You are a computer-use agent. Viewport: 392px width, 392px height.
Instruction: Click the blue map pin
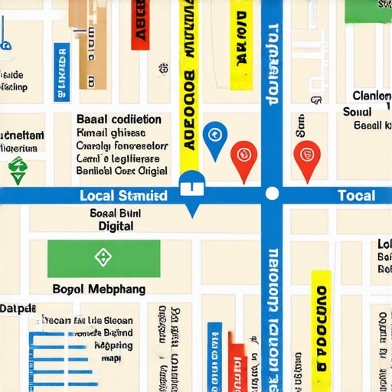coord(215,136)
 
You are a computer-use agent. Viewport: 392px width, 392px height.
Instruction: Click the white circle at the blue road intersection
coord(272,194)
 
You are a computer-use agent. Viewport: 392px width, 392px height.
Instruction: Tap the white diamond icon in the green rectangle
coord(103,257)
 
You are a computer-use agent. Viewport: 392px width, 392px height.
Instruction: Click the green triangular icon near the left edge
coord(17,168)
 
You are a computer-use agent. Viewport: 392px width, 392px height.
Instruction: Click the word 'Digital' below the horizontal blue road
coord(116,227)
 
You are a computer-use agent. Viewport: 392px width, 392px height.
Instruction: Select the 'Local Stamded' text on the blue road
coord(123,196)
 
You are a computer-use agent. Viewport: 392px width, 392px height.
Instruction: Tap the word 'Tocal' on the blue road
coord(356,196)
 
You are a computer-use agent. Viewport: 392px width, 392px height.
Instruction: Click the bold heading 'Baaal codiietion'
coord(119,119)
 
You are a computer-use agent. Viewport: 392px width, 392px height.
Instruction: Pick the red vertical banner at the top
coord(139,24)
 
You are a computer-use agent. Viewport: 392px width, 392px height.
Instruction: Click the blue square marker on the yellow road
coord(191,184)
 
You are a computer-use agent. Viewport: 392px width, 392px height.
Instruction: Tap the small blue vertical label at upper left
coord(60,71)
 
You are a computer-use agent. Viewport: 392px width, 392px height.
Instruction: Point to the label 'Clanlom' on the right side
coord(372,96)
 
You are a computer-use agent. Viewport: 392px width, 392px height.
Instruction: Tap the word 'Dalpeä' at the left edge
coord(18,309)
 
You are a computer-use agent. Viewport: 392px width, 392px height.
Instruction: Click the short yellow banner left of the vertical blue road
coord(240,50)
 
